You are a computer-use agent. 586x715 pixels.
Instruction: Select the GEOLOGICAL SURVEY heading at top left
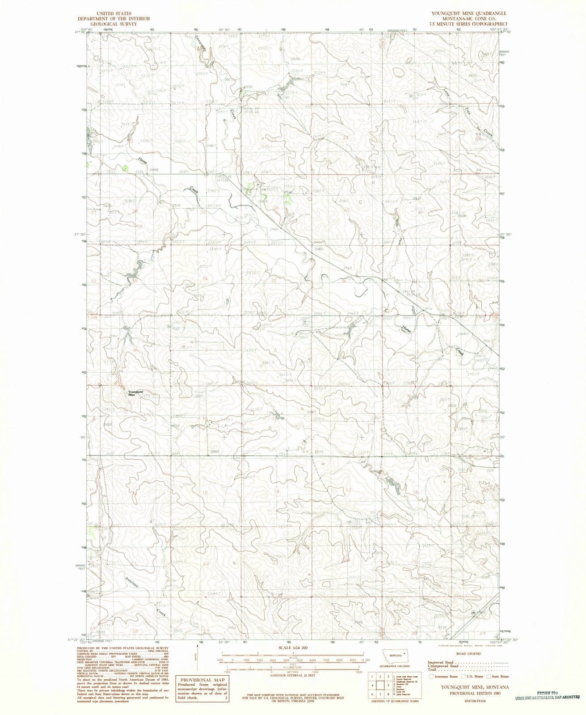114,24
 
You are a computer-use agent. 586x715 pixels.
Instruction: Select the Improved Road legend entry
441,662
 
